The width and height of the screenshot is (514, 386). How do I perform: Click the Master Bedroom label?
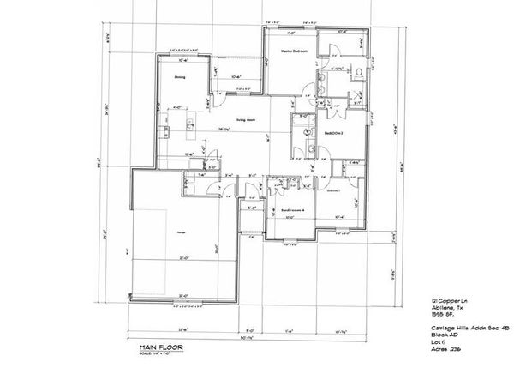[294, 51]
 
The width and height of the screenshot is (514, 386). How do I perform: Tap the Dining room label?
[181, 77]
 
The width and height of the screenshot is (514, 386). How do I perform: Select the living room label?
[247, 120]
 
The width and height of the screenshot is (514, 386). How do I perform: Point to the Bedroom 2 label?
[333, 134]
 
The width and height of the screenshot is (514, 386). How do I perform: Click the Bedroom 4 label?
[292, 209]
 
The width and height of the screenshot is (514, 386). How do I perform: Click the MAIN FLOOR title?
[150, 348]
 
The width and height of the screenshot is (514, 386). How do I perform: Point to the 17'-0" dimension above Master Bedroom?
[291, 34]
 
